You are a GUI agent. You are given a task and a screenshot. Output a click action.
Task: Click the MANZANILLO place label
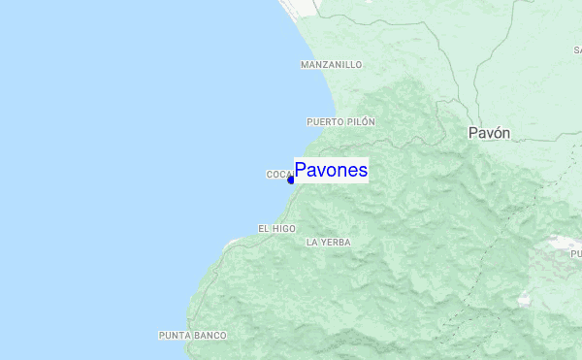pos(332,65)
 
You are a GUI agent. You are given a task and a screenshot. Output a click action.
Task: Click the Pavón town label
pos(489,133)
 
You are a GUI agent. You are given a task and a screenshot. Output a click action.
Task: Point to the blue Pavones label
pos(331,171)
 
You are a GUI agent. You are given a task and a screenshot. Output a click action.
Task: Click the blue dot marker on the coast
pos(291,180)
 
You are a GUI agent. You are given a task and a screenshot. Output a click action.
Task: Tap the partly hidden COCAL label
pos(279,175)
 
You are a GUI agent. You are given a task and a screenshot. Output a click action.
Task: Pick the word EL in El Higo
pos(263,228)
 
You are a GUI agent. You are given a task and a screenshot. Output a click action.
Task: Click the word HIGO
pos(283,228)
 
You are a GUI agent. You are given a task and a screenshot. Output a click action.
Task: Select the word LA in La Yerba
pos(311,242)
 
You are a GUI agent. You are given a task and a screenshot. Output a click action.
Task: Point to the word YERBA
pos(335,242)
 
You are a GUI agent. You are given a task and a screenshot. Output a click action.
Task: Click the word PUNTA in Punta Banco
pos(175,336)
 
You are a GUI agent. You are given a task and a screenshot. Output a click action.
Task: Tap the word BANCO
pos(210,336)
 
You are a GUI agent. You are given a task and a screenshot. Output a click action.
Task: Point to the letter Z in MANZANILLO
pos(326,65)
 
